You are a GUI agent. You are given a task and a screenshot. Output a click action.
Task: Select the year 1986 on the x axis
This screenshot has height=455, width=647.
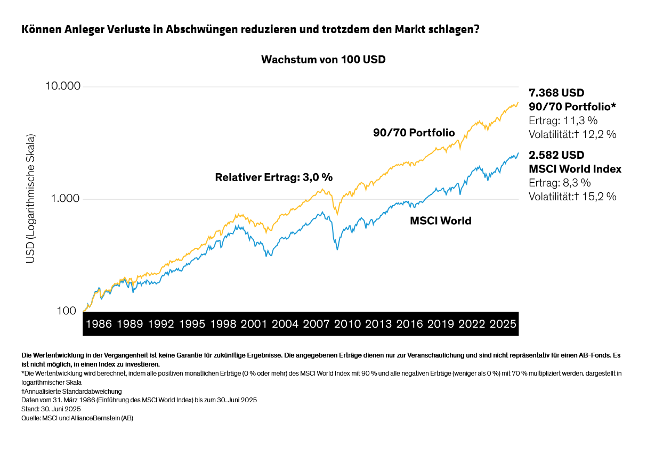pos(99,324)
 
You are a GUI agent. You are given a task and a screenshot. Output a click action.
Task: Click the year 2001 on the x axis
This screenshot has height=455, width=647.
pos(254,324)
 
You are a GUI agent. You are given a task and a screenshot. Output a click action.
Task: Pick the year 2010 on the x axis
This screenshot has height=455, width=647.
pos(347,324)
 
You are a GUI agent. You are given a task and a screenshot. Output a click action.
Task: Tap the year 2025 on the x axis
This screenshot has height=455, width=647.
pos(502,324)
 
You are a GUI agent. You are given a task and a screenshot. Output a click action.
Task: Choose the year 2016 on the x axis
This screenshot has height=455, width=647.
pos(409,324)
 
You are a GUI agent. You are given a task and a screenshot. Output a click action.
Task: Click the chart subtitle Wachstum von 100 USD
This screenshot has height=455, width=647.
pos(323,60)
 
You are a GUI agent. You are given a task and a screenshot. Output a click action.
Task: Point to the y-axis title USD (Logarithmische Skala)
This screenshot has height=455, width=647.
pos(30,199)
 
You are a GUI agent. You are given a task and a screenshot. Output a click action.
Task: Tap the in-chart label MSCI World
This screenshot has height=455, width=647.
pos(440,221)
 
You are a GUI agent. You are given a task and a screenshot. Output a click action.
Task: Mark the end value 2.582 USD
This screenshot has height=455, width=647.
pos(556,156)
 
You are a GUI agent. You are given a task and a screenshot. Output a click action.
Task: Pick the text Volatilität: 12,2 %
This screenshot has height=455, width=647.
pos(572,134)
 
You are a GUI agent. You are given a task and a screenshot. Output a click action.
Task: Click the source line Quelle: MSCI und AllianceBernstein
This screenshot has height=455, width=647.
pos(77,418)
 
